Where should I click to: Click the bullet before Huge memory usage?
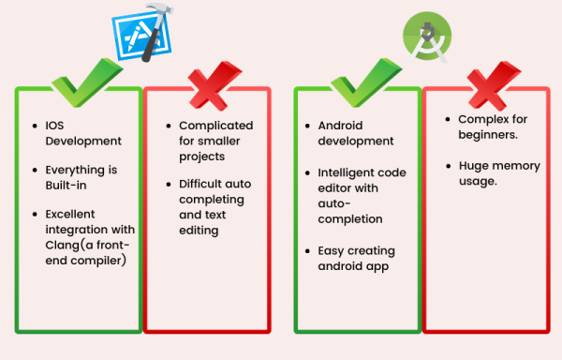pyautogui.click(x=449, y=166)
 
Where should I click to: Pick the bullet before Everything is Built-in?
pyautogui.click(x=34, y=171)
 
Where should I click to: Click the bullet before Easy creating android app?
pyautogui.click(x=308, y=251)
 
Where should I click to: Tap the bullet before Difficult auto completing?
pyautogui.click(x=169, y=184)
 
